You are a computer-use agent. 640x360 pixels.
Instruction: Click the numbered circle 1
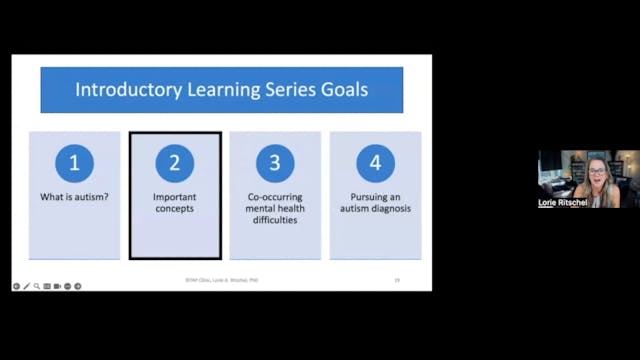click(75, 163)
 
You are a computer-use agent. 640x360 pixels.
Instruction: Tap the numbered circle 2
click(175, 163)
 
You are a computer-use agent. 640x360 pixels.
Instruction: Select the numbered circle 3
click(275, 163)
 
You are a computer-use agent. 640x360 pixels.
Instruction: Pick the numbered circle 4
click(375, 163)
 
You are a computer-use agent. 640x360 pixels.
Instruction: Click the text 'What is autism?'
click(75, 197)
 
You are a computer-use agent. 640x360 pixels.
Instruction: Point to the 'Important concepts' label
click(175, 203)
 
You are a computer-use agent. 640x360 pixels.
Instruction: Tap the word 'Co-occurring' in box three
click(275, 197)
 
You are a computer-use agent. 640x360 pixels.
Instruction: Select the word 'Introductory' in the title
click(127, 90)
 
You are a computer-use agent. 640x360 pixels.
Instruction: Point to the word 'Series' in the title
click(281, 90)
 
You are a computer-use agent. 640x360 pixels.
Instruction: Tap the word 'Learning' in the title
click(216, 90)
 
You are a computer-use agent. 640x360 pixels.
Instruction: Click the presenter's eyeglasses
click(597, 172)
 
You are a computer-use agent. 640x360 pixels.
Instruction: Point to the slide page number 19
click(396, 281)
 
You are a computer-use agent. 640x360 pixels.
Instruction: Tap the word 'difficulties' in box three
click(275, 221)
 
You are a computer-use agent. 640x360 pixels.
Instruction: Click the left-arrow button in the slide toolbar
click(17, 286)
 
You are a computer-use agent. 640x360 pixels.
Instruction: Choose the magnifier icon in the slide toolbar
click(37, 286)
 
